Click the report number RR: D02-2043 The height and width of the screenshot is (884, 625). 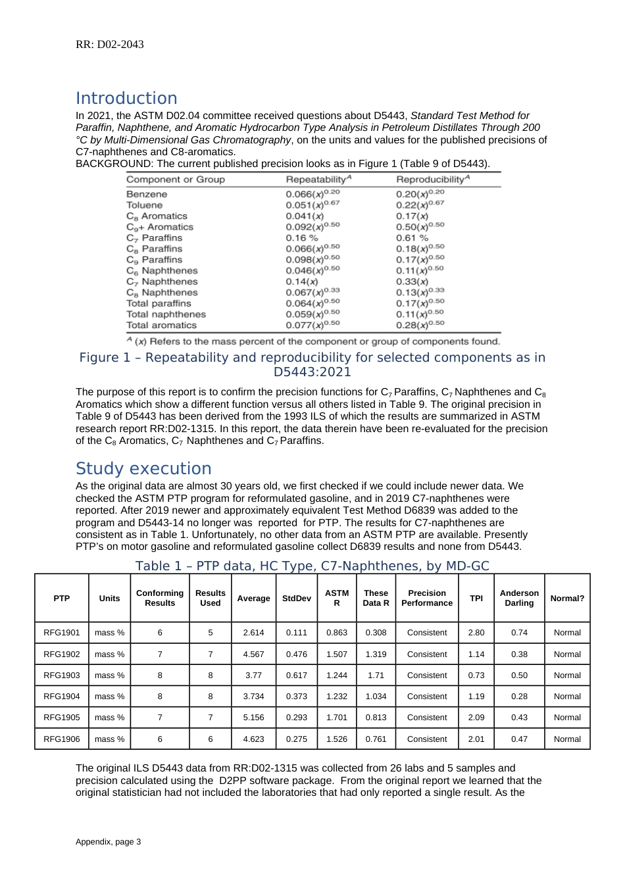[110, 45]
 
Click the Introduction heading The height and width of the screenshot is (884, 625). [126, 98]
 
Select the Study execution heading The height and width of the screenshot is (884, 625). [143, 468]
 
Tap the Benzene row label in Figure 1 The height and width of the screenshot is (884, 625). [147, 194]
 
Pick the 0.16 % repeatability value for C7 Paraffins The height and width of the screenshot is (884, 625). [301, 238]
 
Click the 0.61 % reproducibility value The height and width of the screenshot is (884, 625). [412, 238]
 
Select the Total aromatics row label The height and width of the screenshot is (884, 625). [161, 325]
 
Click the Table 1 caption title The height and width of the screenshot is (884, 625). [312, 566]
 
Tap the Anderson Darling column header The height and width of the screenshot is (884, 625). [519, 598]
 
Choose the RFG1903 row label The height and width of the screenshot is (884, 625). [62, 675]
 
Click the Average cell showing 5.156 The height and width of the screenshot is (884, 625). [253, 718]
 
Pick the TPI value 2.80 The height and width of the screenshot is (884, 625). [476, 633]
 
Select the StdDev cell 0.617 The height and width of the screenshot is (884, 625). [297, 675]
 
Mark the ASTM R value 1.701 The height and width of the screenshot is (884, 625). [337, 718]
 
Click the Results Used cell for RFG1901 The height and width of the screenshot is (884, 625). [211, 633]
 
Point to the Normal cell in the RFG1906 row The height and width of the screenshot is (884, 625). [567, 739]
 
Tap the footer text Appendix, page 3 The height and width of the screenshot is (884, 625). [109, 842]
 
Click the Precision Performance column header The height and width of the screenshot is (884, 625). [427, 598]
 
